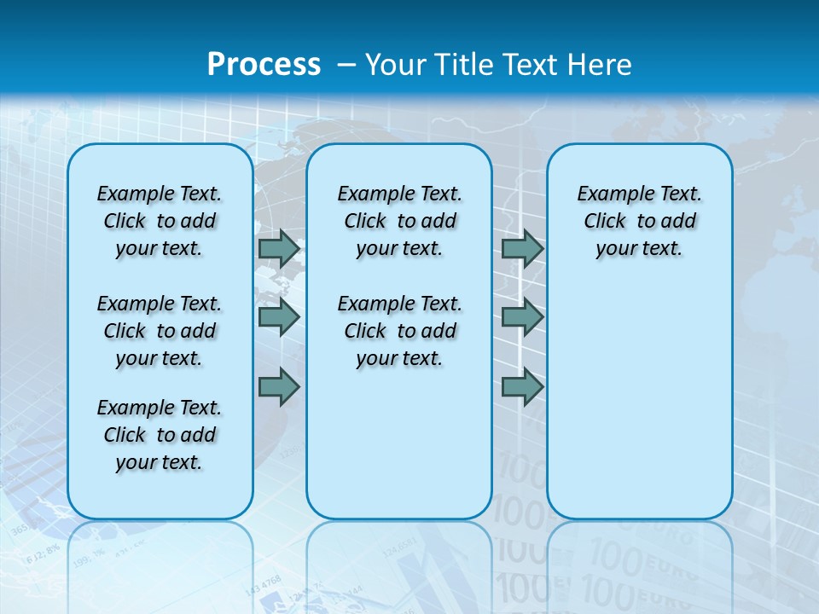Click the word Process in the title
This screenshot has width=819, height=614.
(264, 65)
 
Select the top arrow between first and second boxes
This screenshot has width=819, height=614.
(279, 248)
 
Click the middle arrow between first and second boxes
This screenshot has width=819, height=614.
(279, 317)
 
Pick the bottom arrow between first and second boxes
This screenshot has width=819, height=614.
(279, 386)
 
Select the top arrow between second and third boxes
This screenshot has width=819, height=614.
(522, 248)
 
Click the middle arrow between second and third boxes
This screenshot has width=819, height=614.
(522, 317)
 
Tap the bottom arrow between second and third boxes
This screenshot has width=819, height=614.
(522, 386)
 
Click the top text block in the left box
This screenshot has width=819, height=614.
(160, 221)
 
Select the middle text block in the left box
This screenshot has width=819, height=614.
(160, 331)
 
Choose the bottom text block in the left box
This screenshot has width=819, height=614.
(160, 435)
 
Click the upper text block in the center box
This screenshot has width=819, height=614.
(399, 221)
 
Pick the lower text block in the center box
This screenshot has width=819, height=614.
(399, 331)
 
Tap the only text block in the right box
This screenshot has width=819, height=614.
(639, 221)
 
